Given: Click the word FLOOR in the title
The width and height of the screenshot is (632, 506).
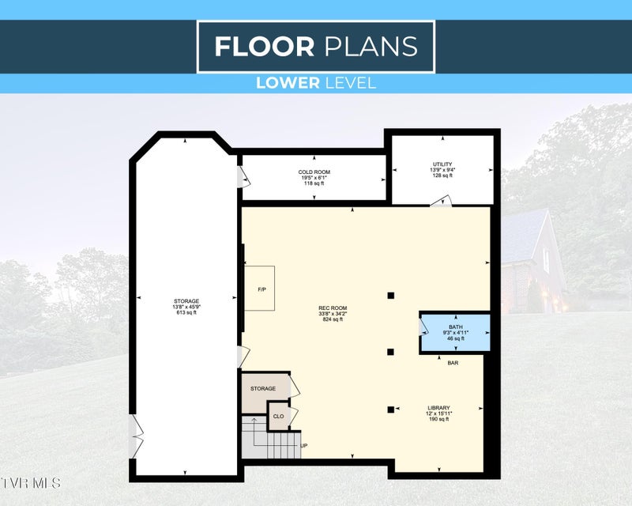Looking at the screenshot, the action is click(x=265, y=47).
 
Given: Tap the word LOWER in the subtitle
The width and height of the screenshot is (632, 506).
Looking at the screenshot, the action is click(x=288, y=83).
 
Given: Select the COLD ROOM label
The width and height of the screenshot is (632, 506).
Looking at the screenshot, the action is click(x=314, y=172).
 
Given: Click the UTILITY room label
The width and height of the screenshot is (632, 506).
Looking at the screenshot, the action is click(x=442, y=164).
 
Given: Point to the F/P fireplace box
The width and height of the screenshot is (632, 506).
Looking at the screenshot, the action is click(x=260, y=288).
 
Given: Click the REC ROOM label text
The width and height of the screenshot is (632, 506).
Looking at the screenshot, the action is click(x=333, y=308).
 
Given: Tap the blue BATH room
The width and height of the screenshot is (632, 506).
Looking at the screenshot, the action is click(x=456, y=334).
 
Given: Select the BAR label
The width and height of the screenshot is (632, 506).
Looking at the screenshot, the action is click(x=453, y=363).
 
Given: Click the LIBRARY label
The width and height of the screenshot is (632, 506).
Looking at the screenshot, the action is click(x=438, y=408).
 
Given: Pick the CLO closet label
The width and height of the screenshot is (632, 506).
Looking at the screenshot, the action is click(x=279, y=417).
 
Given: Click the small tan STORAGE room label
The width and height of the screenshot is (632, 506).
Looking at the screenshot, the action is click(x=263, y=388).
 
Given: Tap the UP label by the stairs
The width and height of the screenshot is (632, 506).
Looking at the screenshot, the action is click(x=304, y=446).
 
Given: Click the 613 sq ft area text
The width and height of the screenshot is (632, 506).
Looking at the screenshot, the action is click(x=186, y=312).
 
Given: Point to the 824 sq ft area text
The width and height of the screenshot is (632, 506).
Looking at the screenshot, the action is click(x=333, y=319).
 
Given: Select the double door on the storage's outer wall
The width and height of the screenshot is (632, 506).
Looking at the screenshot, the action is click(x=136, y=436).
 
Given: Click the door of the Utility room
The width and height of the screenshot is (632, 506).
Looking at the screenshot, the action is click(x=441, y=202).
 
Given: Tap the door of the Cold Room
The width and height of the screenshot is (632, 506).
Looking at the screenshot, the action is click(x=243, y=177).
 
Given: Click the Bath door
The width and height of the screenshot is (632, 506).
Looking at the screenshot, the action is click(x=423, y=327).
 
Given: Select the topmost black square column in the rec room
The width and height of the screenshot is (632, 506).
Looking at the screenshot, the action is click(x=390, y=296).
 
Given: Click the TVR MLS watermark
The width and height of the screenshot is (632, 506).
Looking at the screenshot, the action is click(x=30, y=483).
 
